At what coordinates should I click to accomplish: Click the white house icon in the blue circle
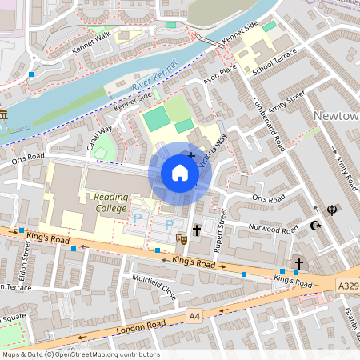pos(179,173)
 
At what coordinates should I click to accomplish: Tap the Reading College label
pos(110,202)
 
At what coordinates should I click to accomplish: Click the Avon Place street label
pos(220,77)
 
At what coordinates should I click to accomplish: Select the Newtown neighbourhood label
pos(335,116)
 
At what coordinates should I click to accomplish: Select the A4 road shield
pos(194,316)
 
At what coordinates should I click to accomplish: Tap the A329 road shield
pos(347,286)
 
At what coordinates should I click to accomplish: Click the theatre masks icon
pos(182,238)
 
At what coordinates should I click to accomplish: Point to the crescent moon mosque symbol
pos(315,226)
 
